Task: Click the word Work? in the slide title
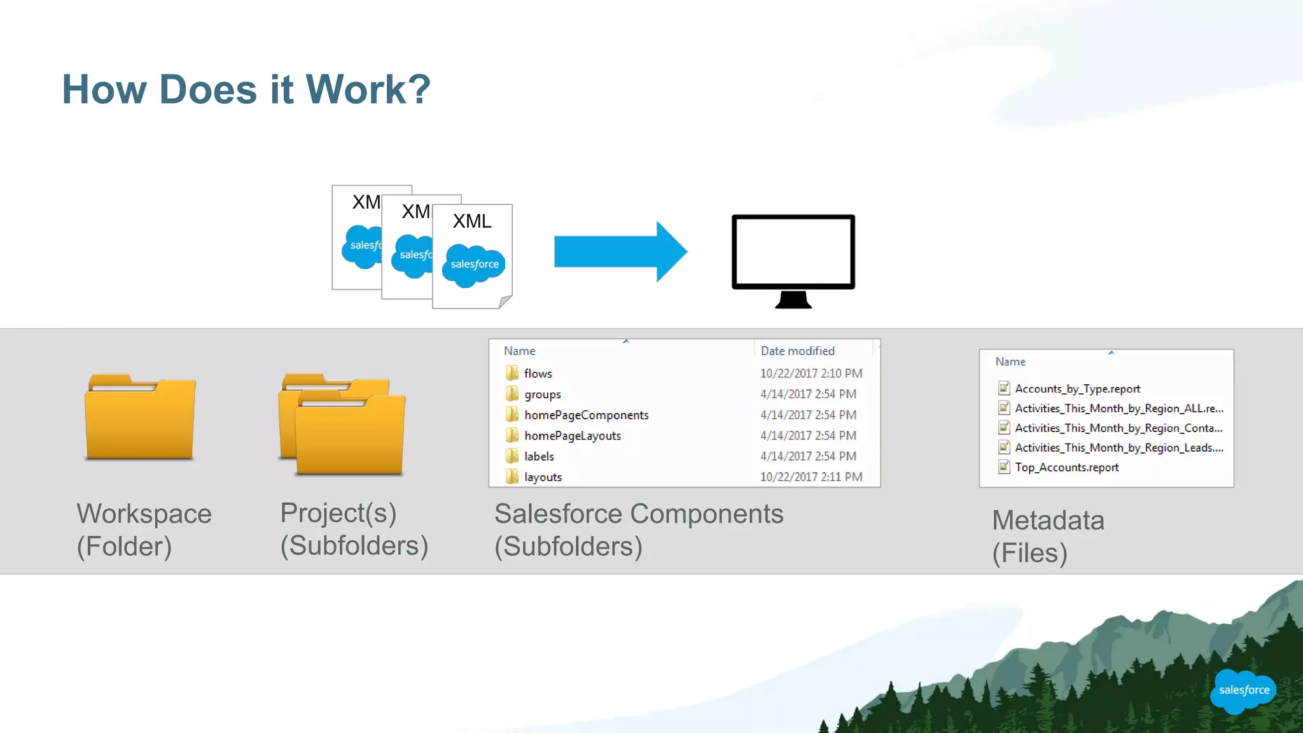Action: (x=368, y=89)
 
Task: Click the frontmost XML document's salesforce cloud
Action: (x=474, y=264)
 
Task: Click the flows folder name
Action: (x=538, y=373)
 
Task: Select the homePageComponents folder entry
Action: (x=586, y=415)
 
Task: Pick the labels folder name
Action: (x=539, y=456)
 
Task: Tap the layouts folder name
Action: (x=543, y=477)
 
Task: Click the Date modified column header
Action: (x=797, y=351)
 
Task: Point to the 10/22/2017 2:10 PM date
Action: (x=811, y=373)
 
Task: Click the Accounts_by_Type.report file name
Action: (x=1077, y=389)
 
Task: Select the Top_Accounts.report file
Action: (x=1066, y=468)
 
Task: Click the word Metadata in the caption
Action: (x=1048, y=520)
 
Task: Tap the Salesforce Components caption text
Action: (x=638, y=514)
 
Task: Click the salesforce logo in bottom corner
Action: (x=1243, y=690)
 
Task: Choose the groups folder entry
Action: (x=542, y=394)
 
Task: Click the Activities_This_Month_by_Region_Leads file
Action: (x=1118, y=448)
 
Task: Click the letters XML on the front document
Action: (x=472, y=221)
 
